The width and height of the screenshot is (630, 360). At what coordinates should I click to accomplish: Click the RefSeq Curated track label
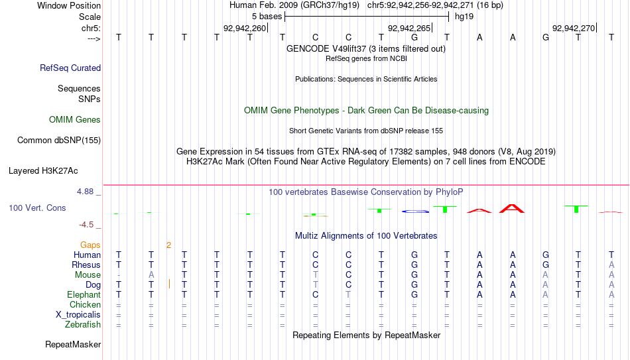coord(70,68)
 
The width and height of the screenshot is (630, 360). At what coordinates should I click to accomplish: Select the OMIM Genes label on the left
coord(75,120)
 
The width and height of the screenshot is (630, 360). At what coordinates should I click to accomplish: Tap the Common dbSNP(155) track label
coord(59,141)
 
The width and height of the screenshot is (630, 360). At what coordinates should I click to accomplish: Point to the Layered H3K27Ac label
coord(43,171)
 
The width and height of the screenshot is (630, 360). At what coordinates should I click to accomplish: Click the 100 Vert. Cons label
coord(37,208)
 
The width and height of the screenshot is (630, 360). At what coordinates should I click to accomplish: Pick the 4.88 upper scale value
coord(85,192)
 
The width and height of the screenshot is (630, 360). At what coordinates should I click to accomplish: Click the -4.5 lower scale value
coord(86,225)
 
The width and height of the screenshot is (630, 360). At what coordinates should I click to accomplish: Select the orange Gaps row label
coord(90,245)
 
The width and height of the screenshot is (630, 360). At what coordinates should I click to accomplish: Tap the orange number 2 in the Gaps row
coord(168,245)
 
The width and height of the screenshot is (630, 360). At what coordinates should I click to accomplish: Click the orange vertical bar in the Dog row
coord(170,284)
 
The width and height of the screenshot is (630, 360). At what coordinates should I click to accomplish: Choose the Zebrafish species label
coord(83,325)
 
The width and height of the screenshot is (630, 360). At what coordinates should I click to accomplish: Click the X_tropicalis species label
coord(78,315)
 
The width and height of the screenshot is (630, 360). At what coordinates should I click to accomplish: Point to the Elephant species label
coord(84,295)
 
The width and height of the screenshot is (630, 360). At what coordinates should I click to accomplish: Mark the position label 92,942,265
coord(409,28)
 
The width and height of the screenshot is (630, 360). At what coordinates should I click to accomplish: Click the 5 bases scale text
coord(267,17)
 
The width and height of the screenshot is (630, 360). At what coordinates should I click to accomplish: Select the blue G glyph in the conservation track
coord(415,211)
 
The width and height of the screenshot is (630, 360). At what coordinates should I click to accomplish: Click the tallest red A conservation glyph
coord(512,209)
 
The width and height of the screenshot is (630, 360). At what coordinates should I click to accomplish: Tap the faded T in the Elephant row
coord(348,295)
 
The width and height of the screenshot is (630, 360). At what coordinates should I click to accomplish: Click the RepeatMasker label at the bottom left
coord(73,344)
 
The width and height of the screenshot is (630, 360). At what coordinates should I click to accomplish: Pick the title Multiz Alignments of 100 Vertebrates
coord(366,236)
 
